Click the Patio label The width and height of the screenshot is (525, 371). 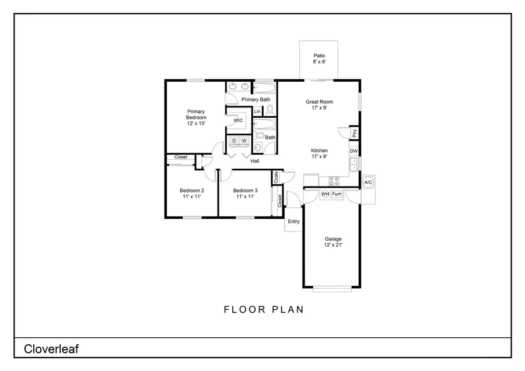click(318, 58)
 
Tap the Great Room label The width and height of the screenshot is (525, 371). click(319, 104)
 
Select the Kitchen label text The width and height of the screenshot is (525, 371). click(319, 153)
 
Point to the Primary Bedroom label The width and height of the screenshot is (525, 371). click(196, 117)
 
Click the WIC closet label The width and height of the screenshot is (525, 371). click(238, 121)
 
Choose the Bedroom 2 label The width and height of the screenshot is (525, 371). click(191, 194)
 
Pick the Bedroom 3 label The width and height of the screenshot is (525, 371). click(245, 194)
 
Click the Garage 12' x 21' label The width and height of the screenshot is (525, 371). click(333, 242)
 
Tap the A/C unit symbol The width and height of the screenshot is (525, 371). click(368, 183)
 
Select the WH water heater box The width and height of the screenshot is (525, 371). click(325, 194)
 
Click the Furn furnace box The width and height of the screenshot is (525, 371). click(337, 194)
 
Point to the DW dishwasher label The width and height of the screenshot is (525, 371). click(353, 151)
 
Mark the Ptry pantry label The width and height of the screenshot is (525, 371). click(354, 133)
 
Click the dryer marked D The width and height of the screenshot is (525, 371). click(234, 141)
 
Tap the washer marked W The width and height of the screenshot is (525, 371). click(244, 141)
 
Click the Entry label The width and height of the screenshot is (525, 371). click(293, 221)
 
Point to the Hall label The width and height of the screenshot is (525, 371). click(255, 161)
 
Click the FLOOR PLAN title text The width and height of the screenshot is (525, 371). click(264, 310)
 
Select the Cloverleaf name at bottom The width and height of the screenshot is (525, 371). click(51, 349)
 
